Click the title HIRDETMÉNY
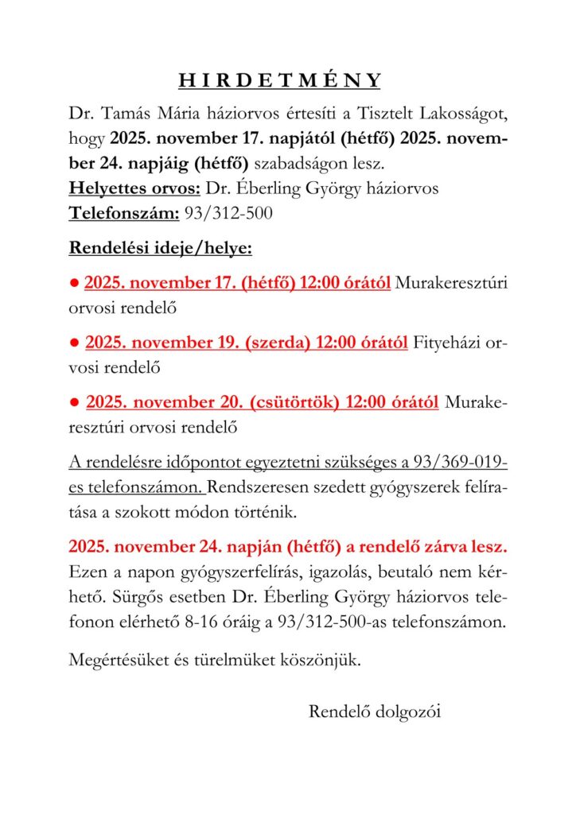pos(280,81)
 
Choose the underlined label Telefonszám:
pos(123,214)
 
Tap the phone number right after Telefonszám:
pos(228,214)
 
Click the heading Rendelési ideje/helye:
pos(161,248)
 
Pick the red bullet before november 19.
pos(73,343)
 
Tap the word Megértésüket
pos(118,660)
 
